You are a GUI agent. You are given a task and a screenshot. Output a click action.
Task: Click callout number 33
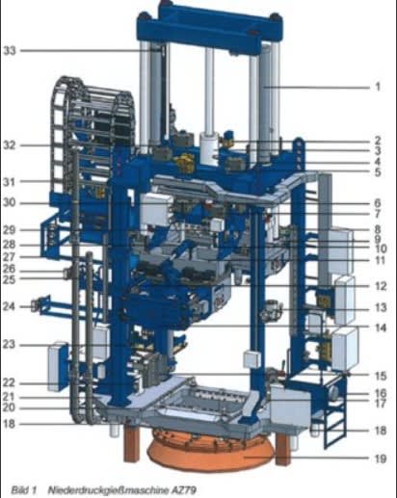10,50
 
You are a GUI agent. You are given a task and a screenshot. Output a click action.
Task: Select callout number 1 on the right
378,87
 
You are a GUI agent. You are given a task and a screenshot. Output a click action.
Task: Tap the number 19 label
381,459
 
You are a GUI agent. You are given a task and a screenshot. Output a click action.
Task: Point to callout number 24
9,306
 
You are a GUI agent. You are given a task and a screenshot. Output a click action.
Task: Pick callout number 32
10,145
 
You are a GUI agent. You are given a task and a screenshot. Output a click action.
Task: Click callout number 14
381,328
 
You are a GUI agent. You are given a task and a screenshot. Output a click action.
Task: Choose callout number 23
9,345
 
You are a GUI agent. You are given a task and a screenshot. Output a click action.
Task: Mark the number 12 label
381,286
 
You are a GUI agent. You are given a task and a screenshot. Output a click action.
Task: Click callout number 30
10,203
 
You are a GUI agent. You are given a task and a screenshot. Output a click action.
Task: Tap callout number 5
378,172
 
